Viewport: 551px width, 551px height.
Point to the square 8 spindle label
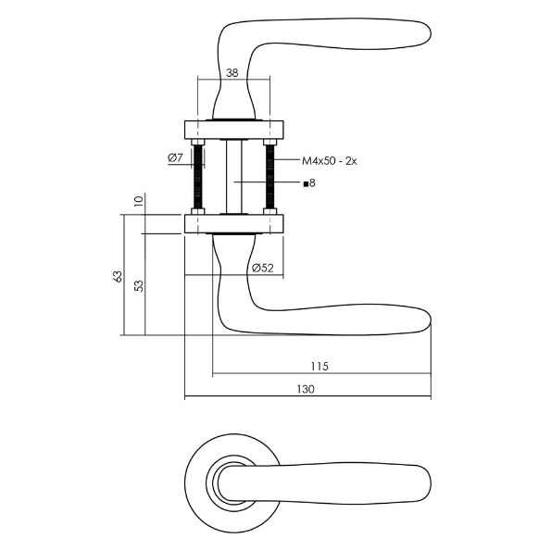coord(310,183)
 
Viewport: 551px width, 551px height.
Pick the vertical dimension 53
coord(139,285)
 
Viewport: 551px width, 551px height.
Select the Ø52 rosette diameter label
coord(262,268)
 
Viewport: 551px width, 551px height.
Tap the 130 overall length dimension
coord(306,389)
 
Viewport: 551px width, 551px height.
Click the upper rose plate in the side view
coord(233,127)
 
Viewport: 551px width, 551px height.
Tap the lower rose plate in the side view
coord(233,222)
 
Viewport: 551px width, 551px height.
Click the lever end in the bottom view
coord(421,482)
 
